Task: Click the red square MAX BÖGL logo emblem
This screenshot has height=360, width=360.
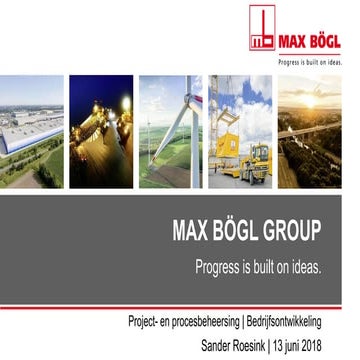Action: point(262,28)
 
